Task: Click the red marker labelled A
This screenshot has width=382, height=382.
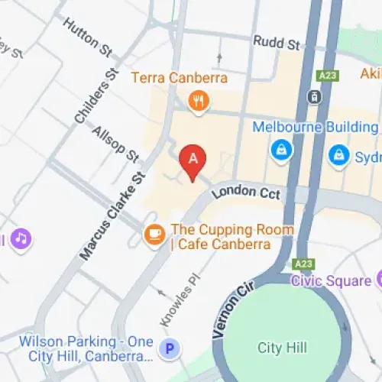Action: point(193,160)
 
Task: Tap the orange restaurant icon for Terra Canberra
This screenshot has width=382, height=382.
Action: point(199,101)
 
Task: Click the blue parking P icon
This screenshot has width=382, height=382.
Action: point(170,349)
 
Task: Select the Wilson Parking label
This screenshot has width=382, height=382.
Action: point(86,348)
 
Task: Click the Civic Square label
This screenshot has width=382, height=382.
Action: point(330,280)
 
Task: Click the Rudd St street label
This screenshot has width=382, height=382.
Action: point(277,44)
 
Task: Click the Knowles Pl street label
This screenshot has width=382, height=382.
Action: point(174,302)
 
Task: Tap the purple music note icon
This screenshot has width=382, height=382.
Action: point(21,238)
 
